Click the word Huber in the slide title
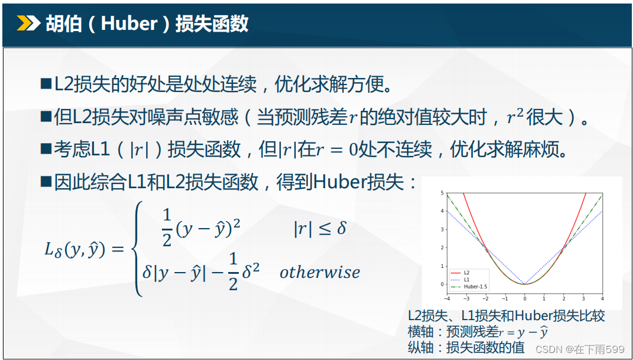coord(129,24)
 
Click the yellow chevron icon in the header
coord(28,23)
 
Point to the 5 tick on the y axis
coord(442,193)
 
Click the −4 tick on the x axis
coord(447,298)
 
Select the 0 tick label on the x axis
coord(524,298)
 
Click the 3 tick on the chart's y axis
coord(442,229)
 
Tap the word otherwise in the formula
coord(320,272)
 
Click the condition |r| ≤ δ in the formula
coord(320,229)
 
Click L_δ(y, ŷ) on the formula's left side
coord(75,251)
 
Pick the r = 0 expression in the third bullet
coord(336,150)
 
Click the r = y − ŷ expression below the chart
coord(524,332)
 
